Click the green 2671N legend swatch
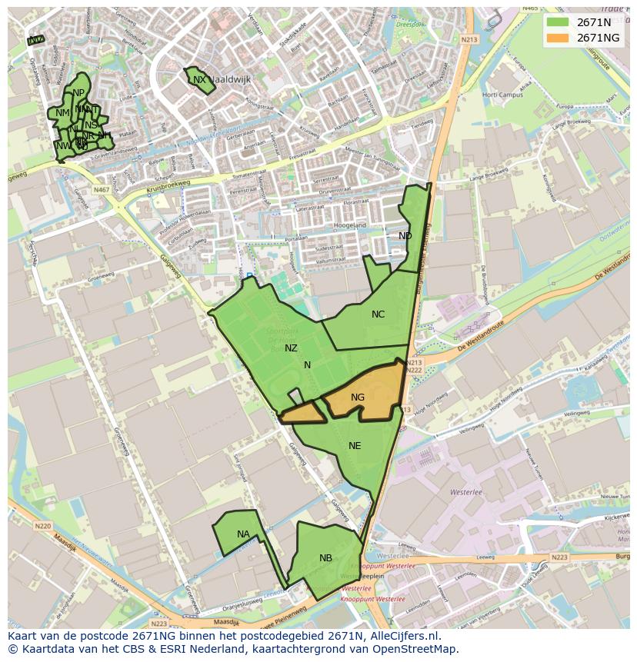point(558,22)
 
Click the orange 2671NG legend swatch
point(558,38)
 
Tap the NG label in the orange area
point(358,398)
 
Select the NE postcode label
point(355,446)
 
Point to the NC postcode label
point(378,314)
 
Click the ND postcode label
point(405,236)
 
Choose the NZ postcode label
point(291,348)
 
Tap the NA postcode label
point(243,534)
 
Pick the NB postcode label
point(325,558)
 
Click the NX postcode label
point(199,80)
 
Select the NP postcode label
point(78,93)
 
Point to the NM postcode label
point(62,113)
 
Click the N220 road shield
point(42,527)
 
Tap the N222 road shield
point(414,371)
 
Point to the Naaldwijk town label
point(228,80)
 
